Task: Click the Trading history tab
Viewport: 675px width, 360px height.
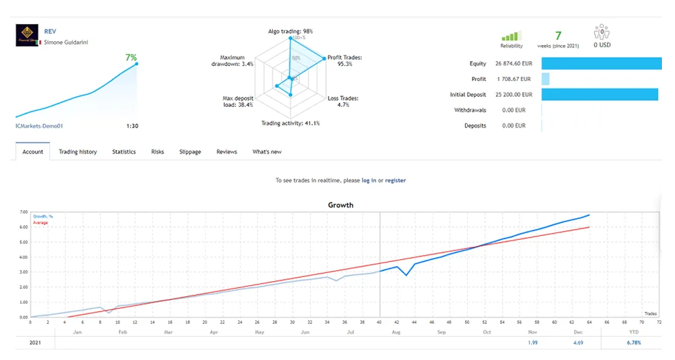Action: pyautogui.click(x=78, y=152)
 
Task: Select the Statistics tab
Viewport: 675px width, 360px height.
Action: pyautogui.click(x=124, y=152)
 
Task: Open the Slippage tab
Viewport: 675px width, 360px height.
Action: pyautogui.click(x=190, y=152)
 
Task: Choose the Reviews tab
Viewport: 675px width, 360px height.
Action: pyautogui.click(x=226, y=152)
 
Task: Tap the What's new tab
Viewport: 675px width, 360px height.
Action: pyautogui.click(x=267, y=152)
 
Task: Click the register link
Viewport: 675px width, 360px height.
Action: pyautogui.click(x=395, y=180)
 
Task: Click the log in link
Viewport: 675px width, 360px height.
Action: pyautogui.click(x=368, y=180)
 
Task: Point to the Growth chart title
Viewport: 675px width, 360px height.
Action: pyautogui.click(x=341, y=204)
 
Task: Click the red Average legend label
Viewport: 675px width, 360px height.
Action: pyautogui.click(x=40, y=223)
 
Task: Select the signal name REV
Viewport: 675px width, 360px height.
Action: pyautogui.click(x=50, y=32)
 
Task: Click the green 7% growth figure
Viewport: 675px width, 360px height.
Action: pyautogui.click(x=130, y=58)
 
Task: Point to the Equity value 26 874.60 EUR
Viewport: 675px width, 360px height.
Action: pyautogui.click(x=512, y=64)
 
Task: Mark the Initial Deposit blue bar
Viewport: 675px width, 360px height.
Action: pyautogui.click(x=600, y=95)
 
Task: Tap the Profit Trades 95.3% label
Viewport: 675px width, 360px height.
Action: pyautogui.click(x=344, y=61)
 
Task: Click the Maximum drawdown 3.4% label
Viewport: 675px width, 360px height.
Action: pyautogui.click(x=233, y=61)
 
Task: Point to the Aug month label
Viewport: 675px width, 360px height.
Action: pyautogui.click(x=395, y=331)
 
